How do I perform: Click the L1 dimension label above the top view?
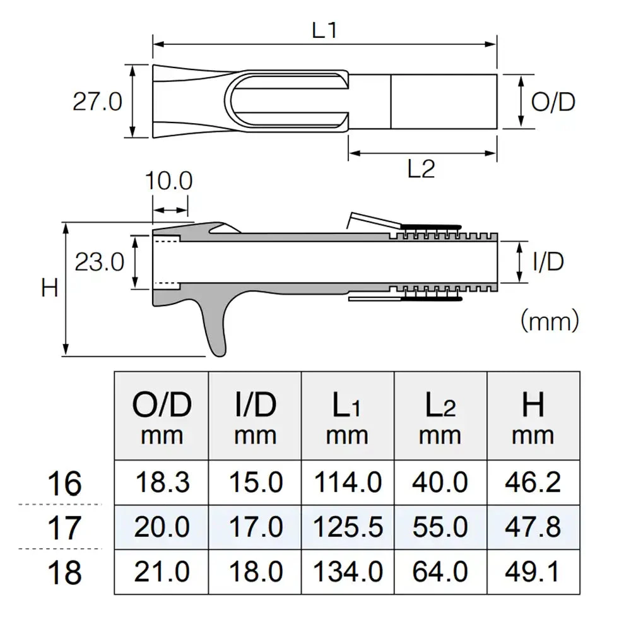324,31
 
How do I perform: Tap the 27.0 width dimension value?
97,102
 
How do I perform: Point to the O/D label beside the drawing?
553,102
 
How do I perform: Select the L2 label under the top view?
421,169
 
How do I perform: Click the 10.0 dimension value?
168,182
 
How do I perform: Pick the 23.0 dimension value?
100,261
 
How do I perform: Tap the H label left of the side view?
50,288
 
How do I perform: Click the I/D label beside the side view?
548,261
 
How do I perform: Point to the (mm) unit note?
550,322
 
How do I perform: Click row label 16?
65,484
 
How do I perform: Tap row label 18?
65,572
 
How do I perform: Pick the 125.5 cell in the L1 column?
348,527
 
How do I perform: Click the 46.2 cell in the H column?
533,483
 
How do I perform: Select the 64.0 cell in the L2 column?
440,572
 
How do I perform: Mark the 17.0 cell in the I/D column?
255,527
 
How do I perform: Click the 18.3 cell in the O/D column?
162,483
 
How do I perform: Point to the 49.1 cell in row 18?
533,572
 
